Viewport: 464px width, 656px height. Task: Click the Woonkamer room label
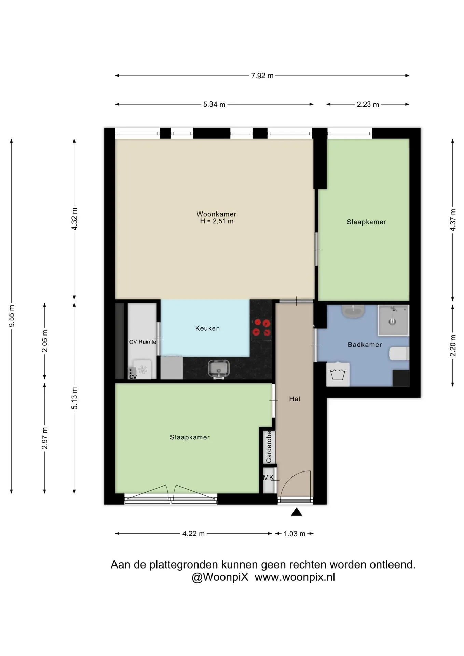pos(216,214)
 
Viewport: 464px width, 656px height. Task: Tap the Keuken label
pos(207,328)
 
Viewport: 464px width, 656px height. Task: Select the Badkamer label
pos(365,345)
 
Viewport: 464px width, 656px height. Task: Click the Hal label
pos(295,399)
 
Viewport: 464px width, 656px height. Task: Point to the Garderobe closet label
pos(269,447)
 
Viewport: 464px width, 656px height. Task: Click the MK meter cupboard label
pos(268,477)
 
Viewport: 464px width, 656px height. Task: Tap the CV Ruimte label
pos(142,342)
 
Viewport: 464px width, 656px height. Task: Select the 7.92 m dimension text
pos(262,76)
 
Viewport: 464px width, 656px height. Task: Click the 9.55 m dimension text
pos(12,316)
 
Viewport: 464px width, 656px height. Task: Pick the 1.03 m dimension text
pos(295,534)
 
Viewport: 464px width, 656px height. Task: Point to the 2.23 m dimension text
pos(368,104)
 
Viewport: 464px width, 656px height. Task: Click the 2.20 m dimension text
pos(453,345)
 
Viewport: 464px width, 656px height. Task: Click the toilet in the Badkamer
pos(399,354)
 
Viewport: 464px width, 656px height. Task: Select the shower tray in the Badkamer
pos(393,320)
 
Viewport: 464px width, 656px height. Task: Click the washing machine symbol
pos(338,374)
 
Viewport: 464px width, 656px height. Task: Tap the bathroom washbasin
pos(353,311)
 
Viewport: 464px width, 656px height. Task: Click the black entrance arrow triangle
pos(297,511)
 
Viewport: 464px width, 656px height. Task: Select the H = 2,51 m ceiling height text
pos(217,221)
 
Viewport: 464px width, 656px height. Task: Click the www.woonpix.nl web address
pos(295,577)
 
